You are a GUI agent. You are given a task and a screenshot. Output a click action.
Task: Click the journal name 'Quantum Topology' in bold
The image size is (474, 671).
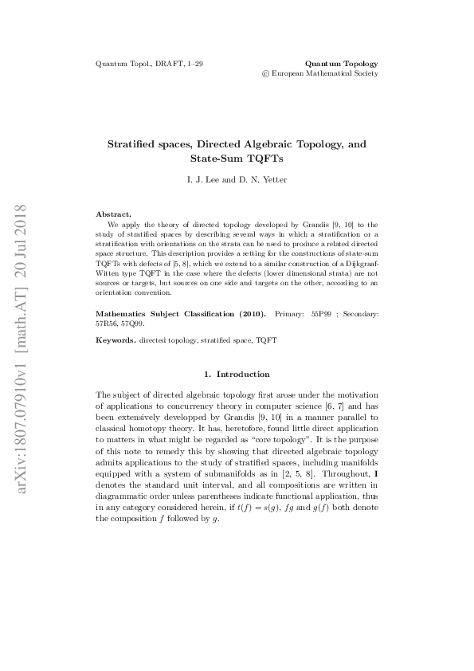tap(342, 62)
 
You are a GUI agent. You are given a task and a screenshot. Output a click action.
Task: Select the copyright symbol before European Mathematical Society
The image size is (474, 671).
tap(265, 73)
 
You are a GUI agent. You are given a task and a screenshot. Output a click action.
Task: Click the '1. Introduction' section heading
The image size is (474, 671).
tap(237, 374)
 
